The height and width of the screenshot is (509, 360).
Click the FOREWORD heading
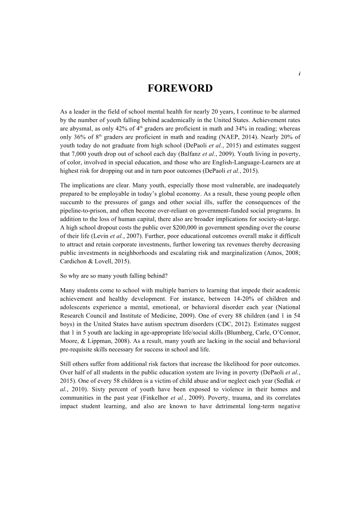pos(180,88)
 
